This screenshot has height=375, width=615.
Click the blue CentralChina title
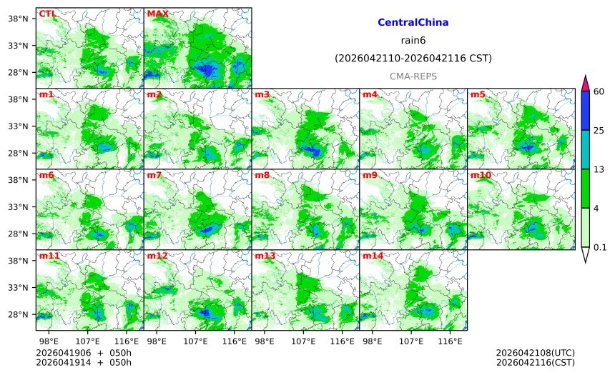click(x=413, y=23)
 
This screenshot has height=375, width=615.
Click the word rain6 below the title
click(x=413, y=41)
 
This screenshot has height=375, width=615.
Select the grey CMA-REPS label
click(x=413, y=76)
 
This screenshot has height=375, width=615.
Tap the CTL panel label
click(x=47, y=14)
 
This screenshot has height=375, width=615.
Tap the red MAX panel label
click(x=157, y=14)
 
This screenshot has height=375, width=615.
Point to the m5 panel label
click(x=477, y=94)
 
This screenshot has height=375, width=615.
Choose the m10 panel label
click(x=480, y=175)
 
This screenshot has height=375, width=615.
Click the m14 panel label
click(x=372, y=256)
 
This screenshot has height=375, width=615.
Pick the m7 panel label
click(x=154, y=175)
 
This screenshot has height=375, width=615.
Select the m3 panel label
click(x=262, y=94)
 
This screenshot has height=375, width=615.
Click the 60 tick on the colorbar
click(x=599, y=91)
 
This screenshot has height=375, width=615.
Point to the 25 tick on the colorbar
click(x=599, y=130)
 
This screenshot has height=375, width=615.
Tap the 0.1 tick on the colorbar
click(x=600, y=248)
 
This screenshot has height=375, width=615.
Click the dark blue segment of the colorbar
click(x=585, y=110)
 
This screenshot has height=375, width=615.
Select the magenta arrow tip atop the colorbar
click(x=585, y=82)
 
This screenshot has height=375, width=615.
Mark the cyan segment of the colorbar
click(x=585, y=149)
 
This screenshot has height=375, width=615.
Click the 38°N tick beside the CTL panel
click(x=20, y=19)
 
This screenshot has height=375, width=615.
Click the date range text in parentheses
click(x=413, y=58)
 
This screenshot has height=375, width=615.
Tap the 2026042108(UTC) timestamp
click(x=535, y=353)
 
